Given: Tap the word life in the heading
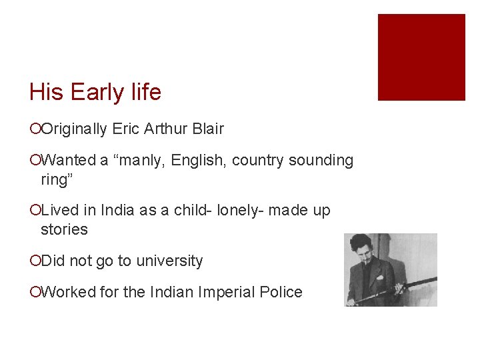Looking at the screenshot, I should click(x=145, y=92).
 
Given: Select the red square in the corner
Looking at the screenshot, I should click(x=421, y=57).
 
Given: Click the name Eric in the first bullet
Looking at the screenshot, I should click(x=127, y=129).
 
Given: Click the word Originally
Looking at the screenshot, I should click(x=74, y=129).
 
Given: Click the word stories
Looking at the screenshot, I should click(x=64, y=229).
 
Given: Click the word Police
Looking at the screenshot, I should click(x=279, y=292).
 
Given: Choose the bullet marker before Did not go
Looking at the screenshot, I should click(x=35, y=261).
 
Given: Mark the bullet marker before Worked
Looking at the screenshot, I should click(x=35, y=293).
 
